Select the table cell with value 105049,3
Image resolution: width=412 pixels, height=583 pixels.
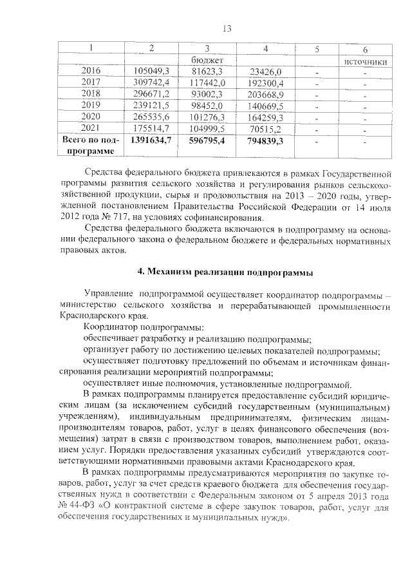point(151,72)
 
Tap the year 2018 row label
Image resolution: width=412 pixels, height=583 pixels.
point(91,93)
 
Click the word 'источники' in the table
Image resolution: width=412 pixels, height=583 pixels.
point(364,61)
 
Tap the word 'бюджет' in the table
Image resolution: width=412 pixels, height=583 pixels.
point(207,60)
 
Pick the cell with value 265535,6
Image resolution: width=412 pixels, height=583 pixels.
point(151,117)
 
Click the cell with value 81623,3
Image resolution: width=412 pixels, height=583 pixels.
point(207,72)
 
